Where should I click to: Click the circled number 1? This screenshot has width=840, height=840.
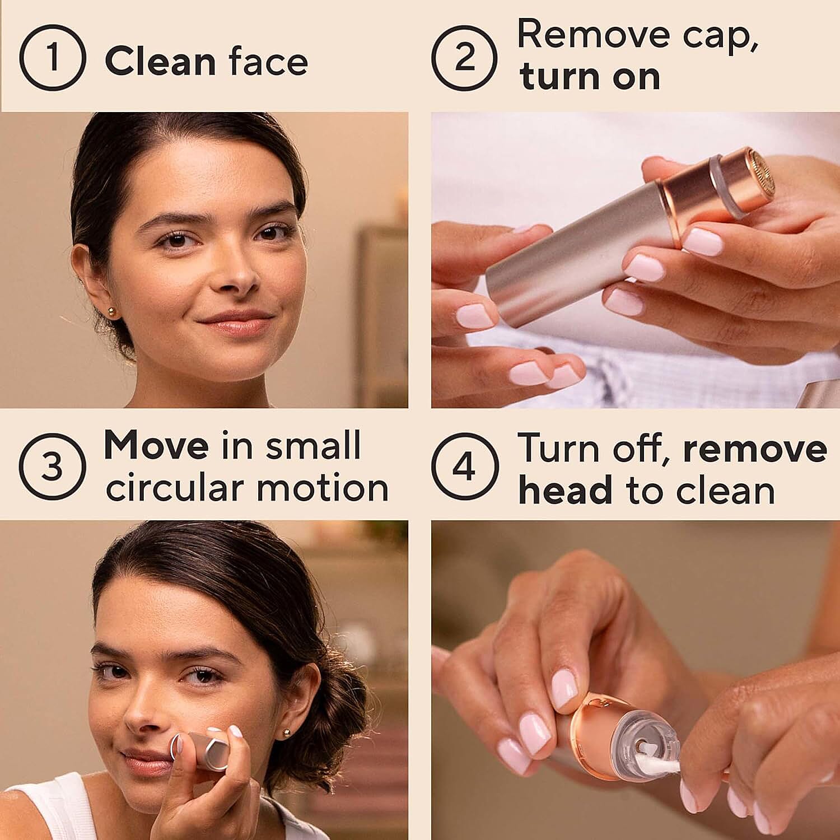[x=52, y=58]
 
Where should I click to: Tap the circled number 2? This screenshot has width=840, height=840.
[x=464, y=58]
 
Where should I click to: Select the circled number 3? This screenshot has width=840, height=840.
[x=52, y=466]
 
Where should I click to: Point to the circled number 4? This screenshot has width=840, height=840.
[x=464, y=466]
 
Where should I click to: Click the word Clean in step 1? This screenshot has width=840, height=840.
[x=160, y=62]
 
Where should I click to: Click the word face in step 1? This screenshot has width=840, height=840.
[x=268, y=62]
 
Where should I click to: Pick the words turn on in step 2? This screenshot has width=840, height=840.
[x=590, y=77]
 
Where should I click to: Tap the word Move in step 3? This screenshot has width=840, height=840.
[x=156, y=446]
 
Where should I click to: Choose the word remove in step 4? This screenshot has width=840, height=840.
[x=755, y=449]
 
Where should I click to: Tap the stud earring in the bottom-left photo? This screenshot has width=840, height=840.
[x=287, y=731]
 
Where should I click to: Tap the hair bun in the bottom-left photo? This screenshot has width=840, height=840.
[x=336, y=722]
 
